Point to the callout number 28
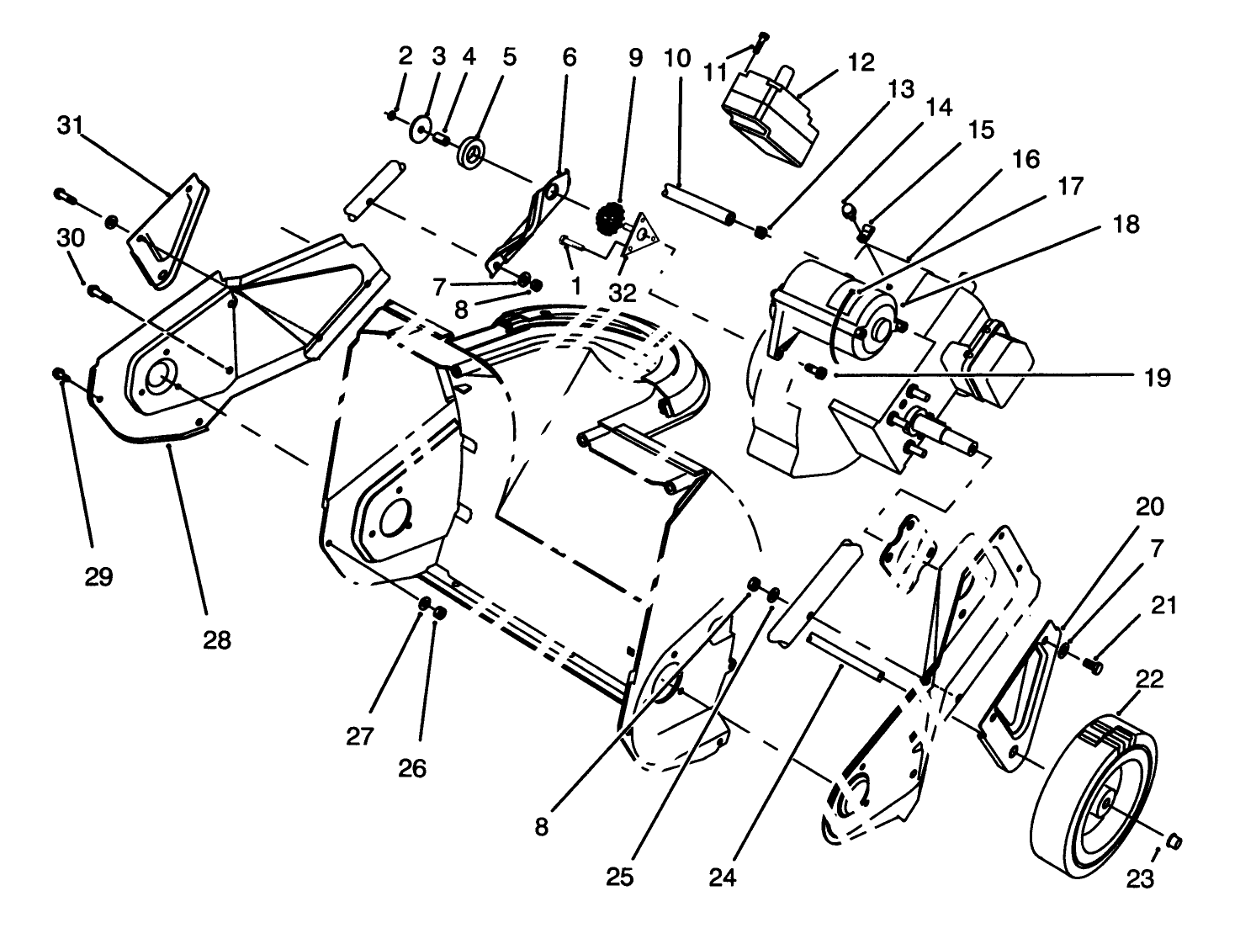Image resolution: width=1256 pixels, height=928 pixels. click(216, 639)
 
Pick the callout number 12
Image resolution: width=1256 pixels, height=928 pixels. click(861, 62)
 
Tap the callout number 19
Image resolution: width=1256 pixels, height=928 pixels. click(1158, 378)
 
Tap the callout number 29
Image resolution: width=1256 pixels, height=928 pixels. click(98, 578)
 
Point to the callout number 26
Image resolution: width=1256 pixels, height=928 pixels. click(413, 767)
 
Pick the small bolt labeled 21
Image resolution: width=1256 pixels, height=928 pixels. click(1094, 666)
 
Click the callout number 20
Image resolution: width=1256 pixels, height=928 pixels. click(1150, 506)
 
